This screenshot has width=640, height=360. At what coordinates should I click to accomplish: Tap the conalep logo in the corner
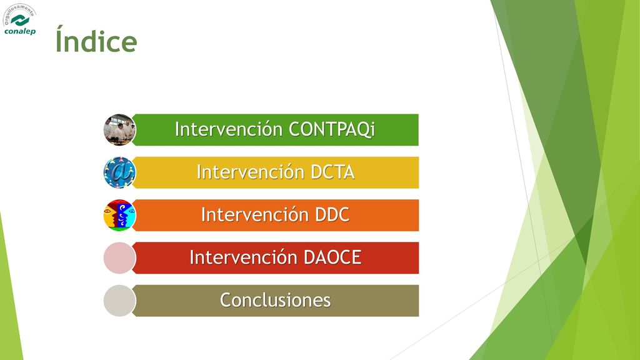[19, 19]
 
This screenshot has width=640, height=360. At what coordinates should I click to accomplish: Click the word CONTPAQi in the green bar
[331, 129]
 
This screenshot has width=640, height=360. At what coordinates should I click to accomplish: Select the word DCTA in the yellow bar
[332, 172]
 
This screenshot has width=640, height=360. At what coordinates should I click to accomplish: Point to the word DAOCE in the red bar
[332, 257]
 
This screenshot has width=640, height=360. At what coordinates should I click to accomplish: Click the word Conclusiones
[276, 301]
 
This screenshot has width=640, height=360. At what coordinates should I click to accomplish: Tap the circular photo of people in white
[119, 130]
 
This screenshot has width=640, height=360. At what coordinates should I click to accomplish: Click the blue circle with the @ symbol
[119, 172]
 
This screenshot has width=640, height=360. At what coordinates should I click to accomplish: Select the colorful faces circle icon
[119, 215]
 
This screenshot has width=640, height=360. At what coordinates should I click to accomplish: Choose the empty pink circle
[119, 258]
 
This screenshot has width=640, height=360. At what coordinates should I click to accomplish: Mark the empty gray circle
[119, 301]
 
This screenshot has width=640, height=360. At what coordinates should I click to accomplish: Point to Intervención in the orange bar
[255, 215]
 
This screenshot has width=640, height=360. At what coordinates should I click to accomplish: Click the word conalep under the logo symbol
[20, 31]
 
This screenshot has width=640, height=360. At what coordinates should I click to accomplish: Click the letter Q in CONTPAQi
[359, 130]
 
